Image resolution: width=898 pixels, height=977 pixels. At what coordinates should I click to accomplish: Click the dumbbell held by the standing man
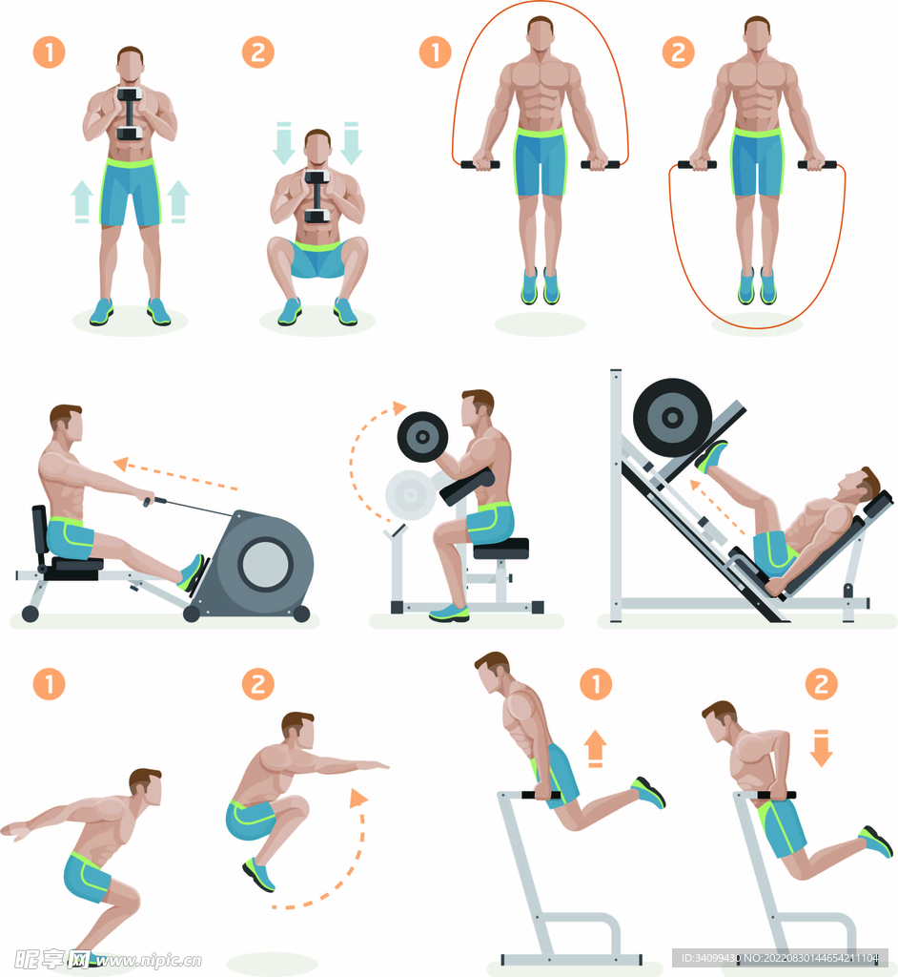click(x=130, y=114)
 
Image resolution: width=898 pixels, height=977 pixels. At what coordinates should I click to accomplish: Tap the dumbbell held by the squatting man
click(x=317, y=197)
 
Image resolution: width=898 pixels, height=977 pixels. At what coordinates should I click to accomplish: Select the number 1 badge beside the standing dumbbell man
click(x=50, y=52)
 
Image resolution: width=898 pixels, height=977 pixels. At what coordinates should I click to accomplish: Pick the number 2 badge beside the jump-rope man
click(x=678, y=52)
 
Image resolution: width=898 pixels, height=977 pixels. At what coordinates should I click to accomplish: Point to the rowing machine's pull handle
click(x=148, y=500)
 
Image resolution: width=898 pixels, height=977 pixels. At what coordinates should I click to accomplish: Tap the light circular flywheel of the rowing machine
click(x=265, y=565)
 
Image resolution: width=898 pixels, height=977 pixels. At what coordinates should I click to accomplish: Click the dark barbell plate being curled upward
click(x=422, y=437)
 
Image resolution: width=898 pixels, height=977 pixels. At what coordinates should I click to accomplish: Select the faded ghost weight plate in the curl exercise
click(x=410, y=495)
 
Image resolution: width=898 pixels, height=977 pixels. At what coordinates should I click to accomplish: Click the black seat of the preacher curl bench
click(x=500, y=549)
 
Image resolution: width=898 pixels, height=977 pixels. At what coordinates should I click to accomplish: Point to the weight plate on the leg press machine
click(x=673, y=418)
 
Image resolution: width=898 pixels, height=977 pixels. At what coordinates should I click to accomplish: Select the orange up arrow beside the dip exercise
click(x=595, y=748)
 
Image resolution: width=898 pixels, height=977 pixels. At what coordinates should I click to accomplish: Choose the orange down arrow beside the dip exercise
click(x=822, y=748)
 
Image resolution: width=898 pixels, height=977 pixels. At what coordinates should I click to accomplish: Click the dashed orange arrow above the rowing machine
click(x=175, y=475)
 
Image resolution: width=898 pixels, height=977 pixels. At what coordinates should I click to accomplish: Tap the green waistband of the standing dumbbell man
click(x=130, y=163)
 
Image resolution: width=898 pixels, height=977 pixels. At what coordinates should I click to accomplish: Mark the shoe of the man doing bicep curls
click(x=449, y=612)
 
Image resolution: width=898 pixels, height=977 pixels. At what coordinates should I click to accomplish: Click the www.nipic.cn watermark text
click(x=148, y=960)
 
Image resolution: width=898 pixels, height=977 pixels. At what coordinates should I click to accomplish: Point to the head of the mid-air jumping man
click(x=297, y=731)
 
